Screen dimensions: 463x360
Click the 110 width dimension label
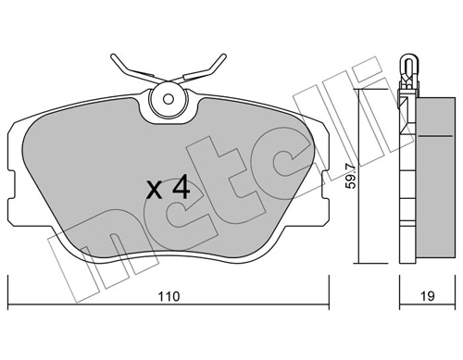tap(169, 296)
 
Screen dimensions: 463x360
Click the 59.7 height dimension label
tap(351, 177)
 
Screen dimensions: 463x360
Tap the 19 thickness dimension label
tap(427, 296)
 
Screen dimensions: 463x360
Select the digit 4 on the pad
tap(181, 188)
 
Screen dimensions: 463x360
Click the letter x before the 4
tap(154, 190)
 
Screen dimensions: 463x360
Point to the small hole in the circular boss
tap(169, 99)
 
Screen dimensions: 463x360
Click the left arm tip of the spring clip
tap(113, 56)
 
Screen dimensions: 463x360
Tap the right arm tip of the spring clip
tap(223, 56)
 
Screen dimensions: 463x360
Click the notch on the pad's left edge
tap(11, 185)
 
